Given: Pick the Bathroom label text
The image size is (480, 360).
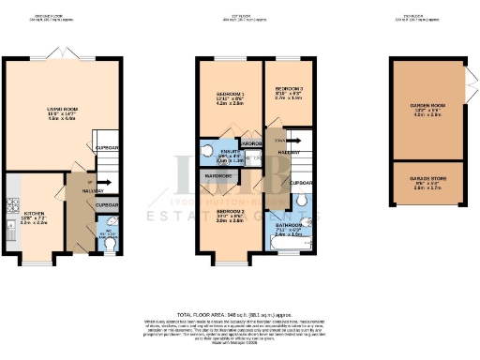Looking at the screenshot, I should click(x=290, y=226).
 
